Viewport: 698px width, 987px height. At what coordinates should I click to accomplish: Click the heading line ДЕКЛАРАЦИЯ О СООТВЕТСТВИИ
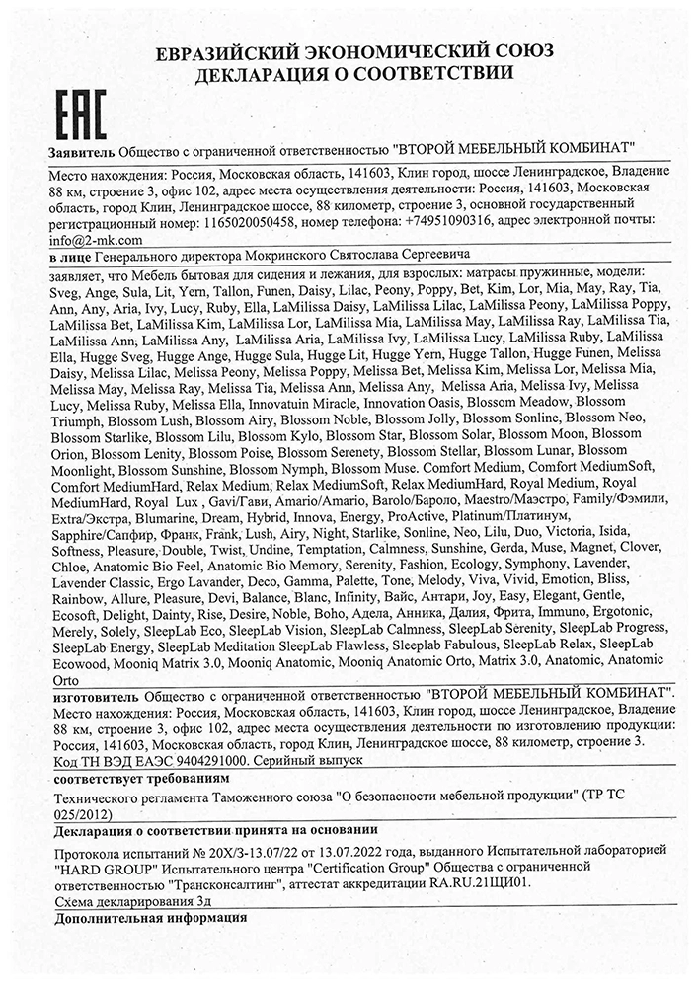click(x=349, y=73)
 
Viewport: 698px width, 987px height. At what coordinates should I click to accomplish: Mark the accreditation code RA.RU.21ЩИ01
click(x=483, y=885)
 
